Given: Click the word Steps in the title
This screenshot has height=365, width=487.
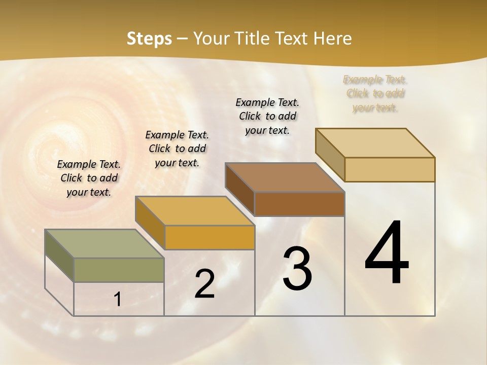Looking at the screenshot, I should [x=149, y=39].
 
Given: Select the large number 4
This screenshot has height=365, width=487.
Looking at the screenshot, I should [x=387, y=253].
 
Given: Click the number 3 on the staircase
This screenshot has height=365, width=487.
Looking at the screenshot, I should [x=297, y=269].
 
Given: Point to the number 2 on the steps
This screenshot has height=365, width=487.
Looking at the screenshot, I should [x=204, y=284].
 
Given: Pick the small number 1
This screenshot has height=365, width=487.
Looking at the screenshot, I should [x=118, y=300].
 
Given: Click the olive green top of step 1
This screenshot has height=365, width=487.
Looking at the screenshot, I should [x=104, y=244].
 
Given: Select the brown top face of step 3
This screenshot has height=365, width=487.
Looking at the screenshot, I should [x=285, y=177].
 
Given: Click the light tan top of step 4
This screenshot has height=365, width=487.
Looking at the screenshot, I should [x=375, y=143].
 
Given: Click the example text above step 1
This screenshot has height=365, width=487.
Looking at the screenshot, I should [x=89, y=178].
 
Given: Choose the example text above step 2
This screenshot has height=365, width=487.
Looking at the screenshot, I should [x=177, y=149].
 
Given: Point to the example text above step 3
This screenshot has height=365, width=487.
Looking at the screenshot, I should [x=267, y=116].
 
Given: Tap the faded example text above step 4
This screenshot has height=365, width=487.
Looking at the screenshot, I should [x=375, y=93].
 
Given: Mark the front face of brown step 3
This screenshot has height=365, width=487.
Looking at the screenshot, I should [x=299, y=204].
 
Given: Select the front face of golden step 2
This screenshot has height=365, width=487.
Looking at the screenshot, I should [x=210, y=237].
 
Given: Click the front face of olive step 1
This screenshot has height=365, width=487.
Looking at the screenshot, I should [x=119, y=270].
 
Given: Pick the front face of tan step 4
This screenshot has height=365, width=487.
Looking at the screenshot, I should [x=390, y=169].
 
